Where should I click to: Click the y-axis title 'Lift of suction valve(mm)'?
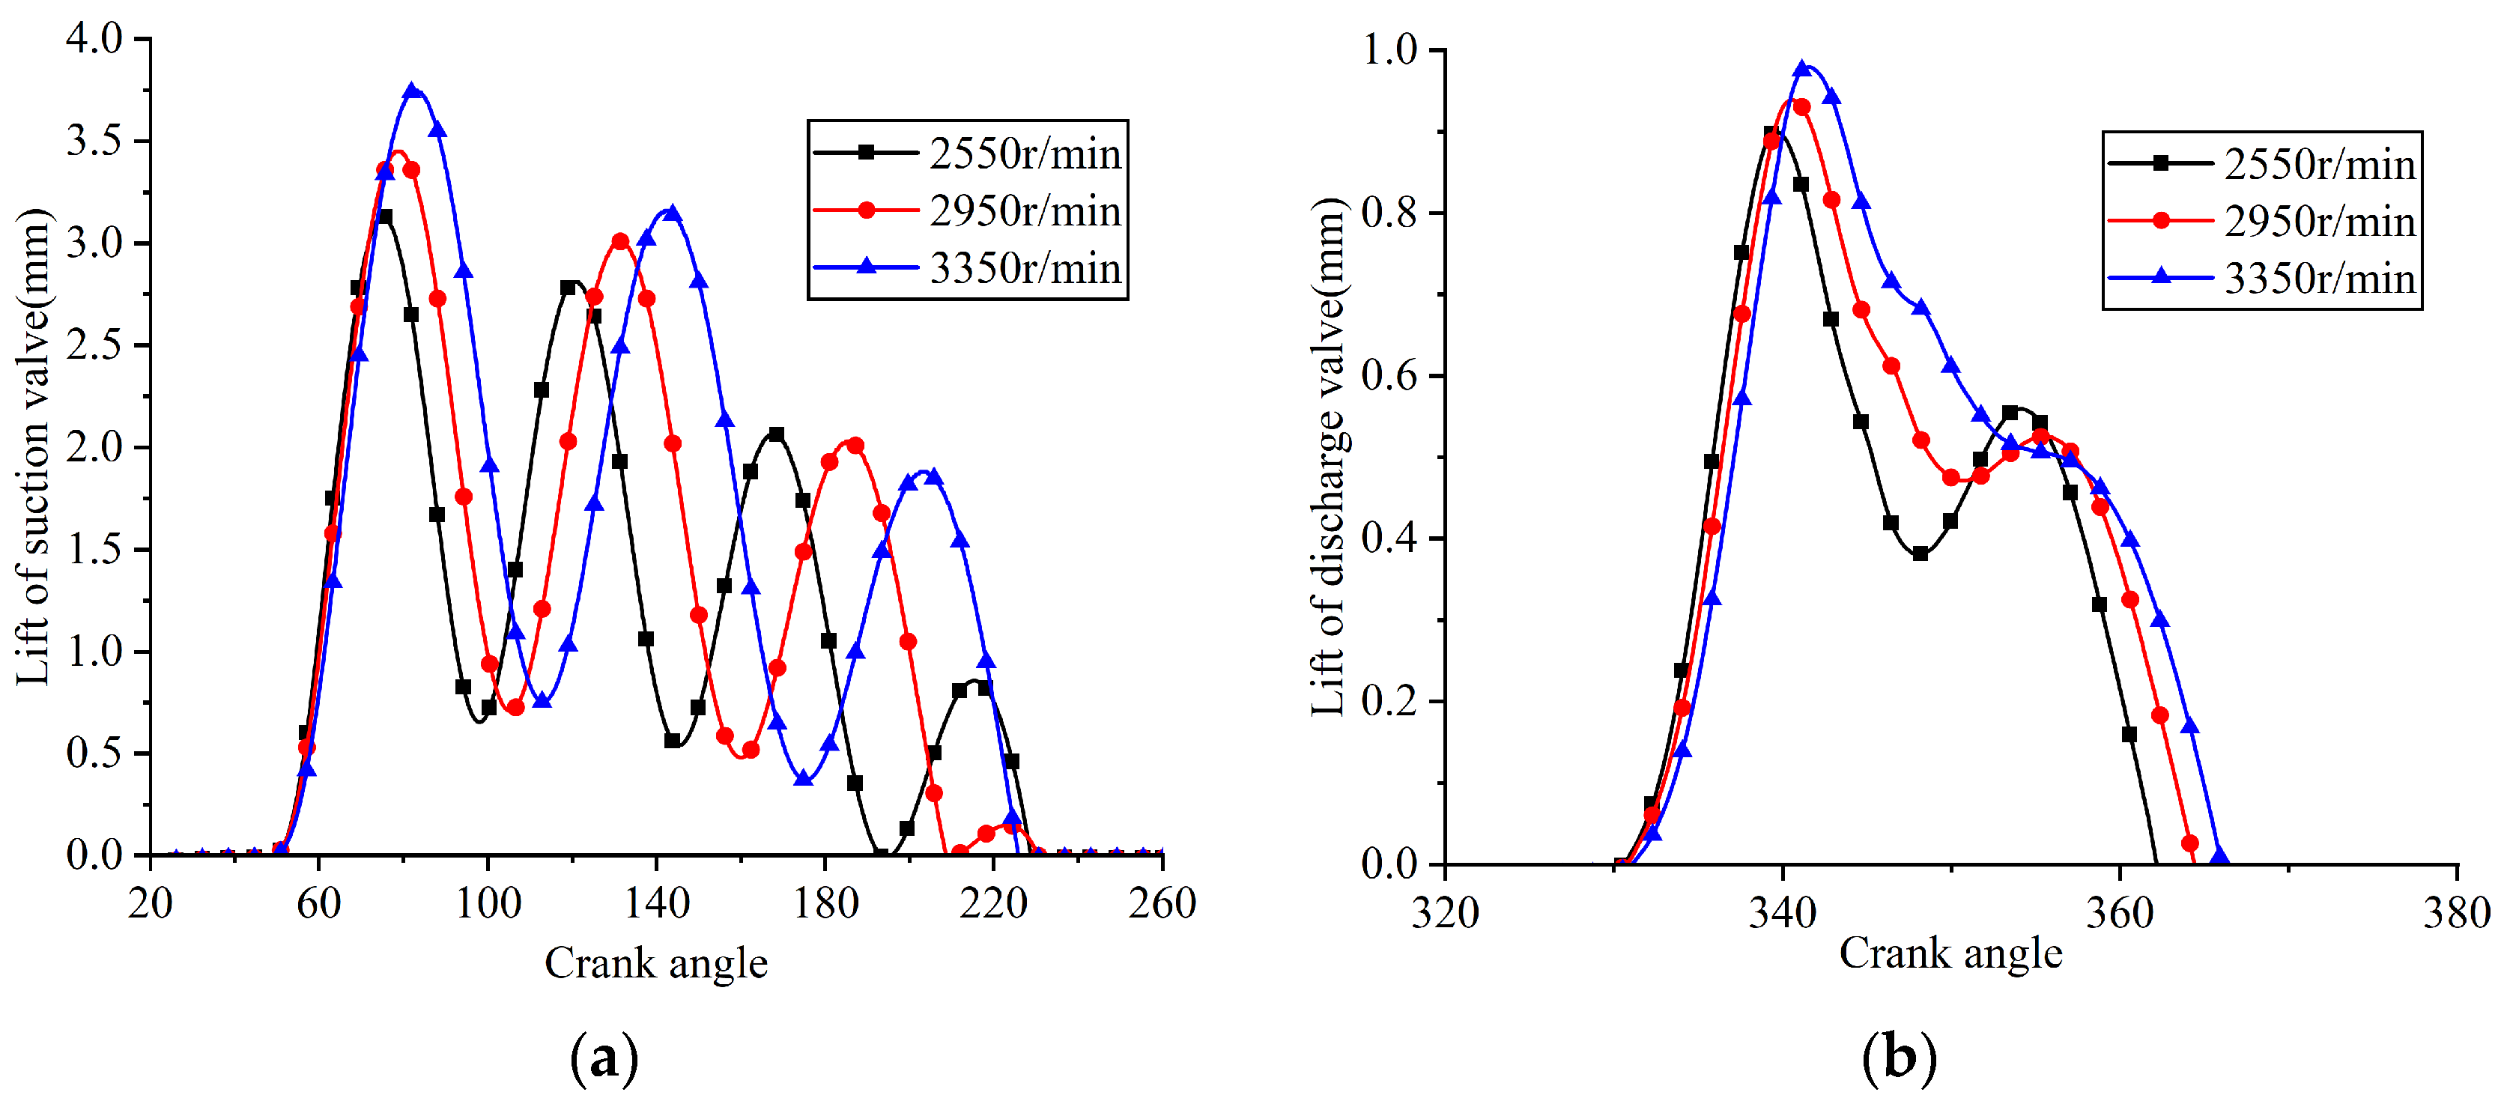click(x=34, y=446)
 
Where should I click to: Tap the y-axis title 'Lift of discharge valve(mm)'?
click(x=1329, y=456)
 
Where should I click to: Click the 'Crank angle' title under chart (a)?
click(x=656, y=963)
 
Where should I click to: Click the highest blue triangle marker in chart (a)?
click(x=413, y=91)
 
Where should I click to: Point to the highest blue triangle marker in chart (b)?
click(x=1803, y=68)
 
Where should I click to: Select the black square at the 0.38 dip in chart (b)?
click(x=1920, y=553)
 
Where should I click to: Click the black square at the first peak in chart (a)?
click(x=384, y=216)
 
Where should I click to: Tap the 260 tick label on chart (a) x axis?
click(x=1161, y=904)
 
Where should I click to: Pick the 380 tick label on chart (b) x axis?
click(x=2455, y=914)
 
